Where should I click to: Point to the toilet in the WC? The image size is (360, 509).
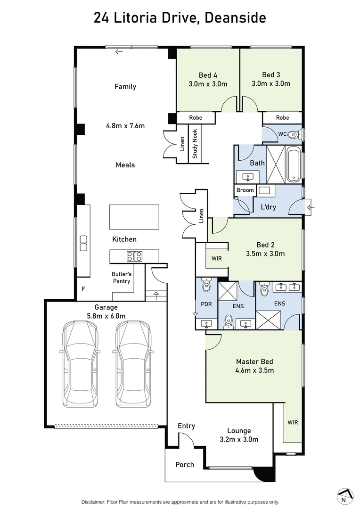pyautogui.click(x=294, y=134)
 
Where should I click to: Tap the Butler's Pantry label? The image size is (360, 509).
pyautogui.click(x=121, y=278)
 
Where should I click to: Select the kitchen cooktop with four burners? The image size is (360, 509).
pyautogui.click(x=134, y=256)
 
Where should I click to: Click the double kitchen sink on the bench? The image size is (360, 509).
pyautogui.click(x=84, y=242)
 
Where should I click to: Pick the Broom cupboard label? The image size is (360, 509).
pyautogui.click(x=245, y=190)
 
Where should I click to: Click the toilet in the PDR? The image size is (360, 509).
pyautogui.click(x=206, y=286)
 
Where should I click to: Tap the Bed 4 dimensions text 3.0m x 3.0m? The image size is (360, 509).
pyautogui.click(x=208, y=84)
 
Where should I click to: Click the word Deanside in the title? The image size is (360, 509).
pyautogui.click(x=236, y=18)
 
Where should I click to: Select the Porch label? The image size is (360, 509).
pyautogui.click(x=185, y=464)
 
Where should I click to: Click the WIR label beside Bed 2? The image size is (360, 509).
pyautogui.click(x=217, y=259)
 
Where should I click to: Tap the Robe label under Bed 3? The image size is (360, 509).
pyautogui.click(x=282, y=117)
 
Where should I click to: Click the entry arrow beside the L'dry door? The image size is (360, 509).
pyautogui.click(x=311, y=207)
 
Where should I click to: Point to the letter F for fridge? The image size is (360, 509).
pyautogui.click(x=83, y=289)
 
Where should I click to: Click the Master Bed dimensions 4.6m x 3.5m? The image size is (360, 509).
pyautogui.click(x=254, y=370)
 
